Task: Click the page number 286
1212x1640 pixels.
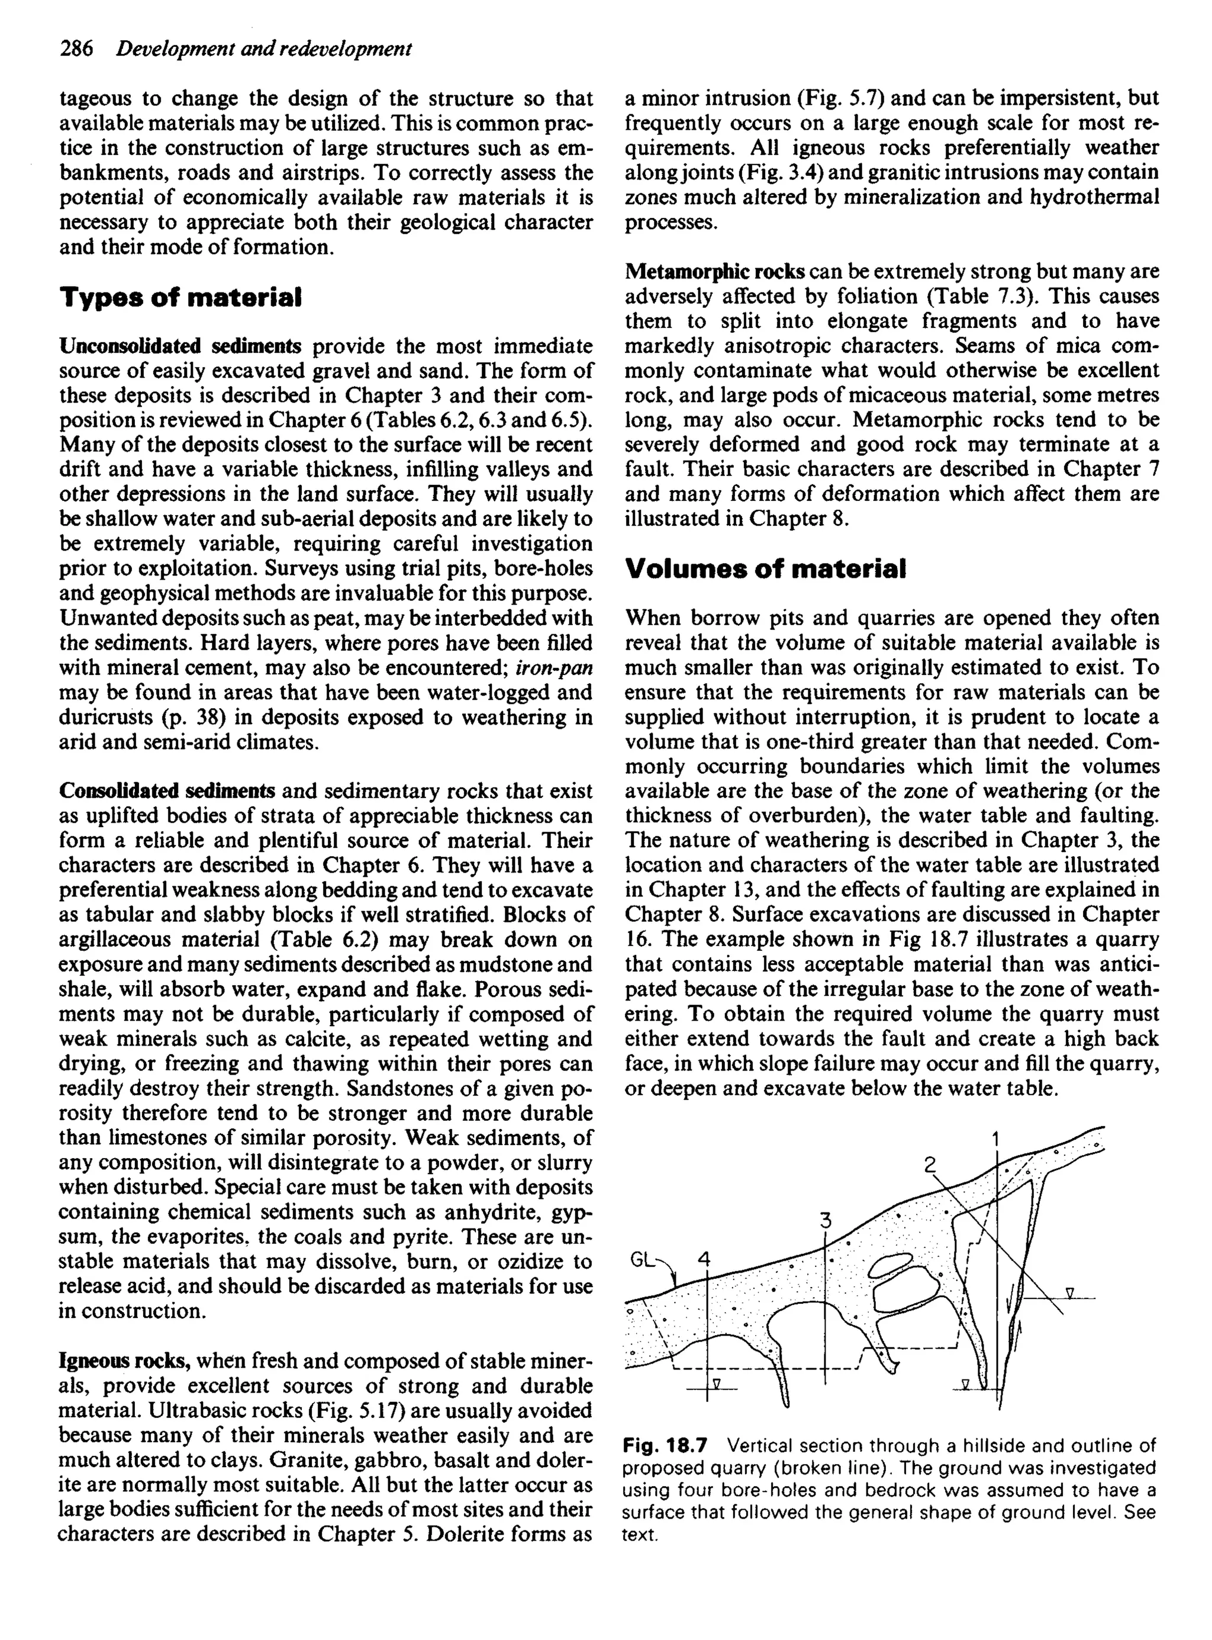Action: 76,49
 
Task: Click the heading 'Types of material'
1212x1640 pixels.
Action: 180,298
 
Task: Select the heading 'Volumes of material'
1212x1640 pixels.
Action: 765,569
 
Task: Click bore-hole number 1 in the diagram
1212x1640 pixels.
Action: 995,1140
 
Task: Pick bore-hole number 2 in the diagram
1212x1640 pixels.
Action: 930,1165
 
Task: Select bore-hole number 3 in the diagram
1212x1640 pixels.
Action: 826,1221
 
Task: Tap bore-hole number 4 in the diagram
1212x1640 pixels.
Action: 704,1260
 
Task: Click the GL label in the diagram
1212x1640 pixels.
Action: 642,1260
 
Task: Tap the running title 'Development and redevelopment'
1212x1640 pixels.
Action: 264,49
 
